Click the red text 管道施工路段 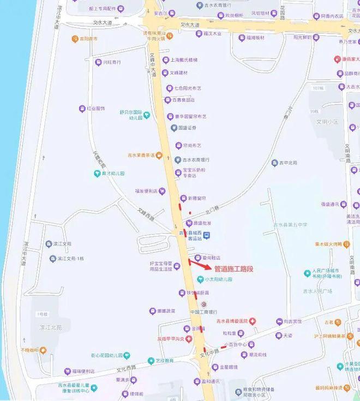click(x=234, y=269)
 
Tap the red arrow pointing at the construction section click(x=200, y=264)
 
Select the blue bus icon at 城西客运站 click(x=206, y=235)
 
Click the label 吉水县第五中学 click(x=290, y=224)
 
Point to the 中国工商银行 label click(x=204, y=312)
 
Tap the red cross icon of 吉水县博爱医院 click(x=253, y=321)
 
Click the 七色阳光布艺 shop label click(x=188, y=88)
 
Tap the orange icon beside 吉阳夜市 click(x=75, y=39)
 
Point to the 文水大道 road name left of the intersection click(x=103, y=23)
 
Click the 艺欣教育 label click(x=164, y=361)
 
